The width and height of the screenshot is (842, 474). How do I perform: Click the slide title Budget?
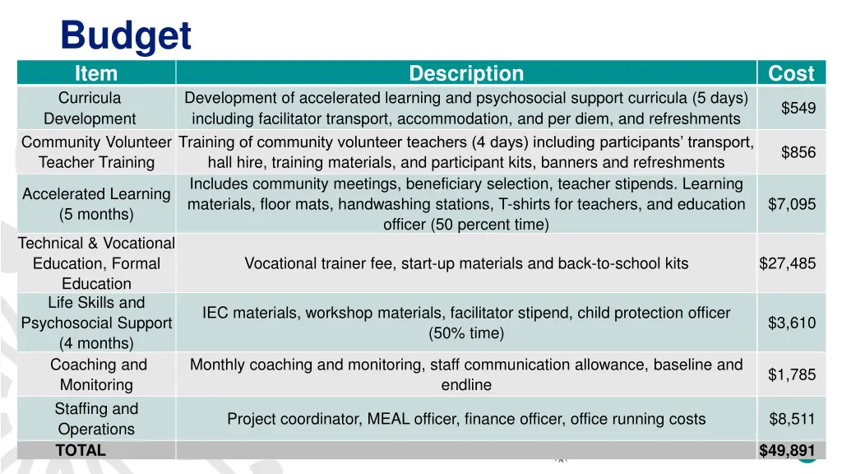(126, 35)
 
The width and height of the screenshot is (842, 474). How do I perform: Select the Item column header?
(96, 73)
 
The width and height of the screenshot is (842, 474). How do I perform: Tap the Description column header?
(466, 73)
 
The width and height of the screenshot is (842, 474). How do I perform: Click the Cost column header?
(791, 73)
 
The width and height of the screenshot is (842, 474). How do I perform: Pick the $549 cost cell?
(798, 109)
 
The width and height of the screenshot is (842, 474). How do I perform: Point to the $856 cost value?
(798, 152)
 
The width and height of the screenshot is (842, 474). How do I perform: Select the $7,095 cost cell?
(792, 204)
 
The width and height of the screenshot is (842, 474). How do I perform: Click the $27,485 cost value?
(788, 263)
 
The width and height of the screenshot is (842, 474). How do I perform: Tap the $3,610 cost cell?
(792, 323)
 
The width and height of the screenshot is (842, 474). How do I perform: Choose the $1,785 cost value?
(792, 375)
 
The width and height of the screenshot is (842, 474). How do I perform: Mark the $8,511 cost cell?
(792, 419)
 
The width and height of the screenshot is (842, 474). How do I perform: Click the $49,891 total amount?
(788, 450)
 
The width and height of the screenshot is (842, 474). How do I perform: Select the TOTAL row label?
(81, 450)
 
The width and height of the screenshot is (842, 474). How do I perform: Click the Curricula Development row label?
(90, 109)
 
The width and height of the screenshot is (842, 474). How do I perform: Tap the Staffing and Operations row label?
(96, 419)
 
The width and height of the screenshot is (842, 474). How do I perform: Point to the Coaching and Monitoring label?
(98, 374)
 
